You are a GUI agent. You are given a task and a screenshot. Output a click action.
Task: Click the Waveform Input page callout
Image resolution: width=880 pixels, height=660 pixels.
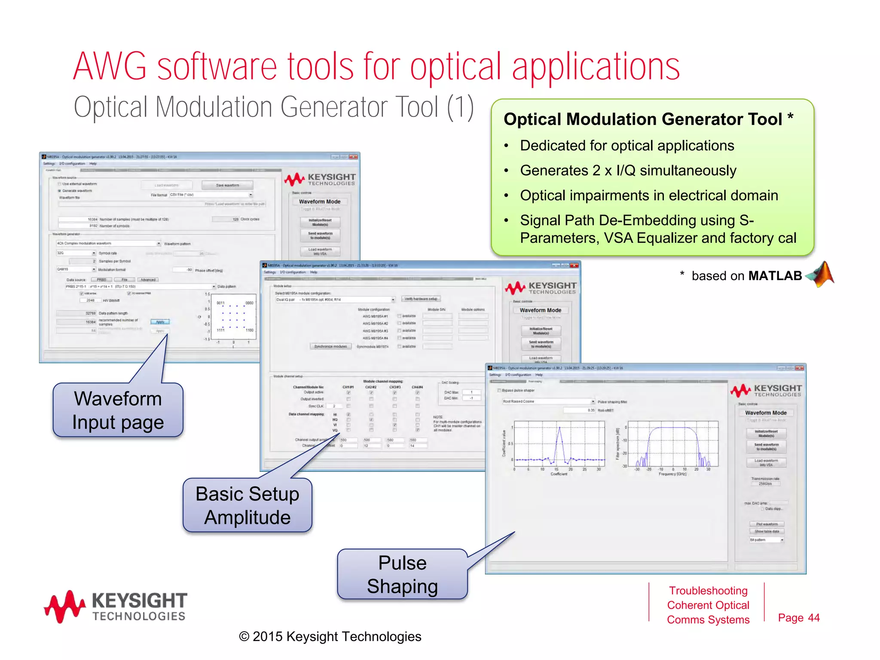tap(118, 410)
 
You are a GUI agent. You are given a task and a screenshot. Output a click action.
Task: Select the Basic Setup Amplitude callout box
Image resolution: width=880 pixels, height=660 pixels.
tap(247, 505)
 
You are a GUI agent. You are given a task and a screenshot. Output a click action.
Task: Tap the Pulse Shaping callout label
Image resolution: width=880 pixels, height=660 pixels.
tap(402, 574)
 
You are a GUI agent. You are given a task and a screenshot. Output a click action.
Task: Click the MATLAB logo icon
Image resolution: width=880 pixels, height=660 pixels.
tap(821, 275)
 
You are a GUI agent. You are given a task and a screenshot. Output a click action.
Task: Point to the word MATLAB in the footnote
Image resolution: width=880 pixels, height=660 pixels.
tap(775, 276)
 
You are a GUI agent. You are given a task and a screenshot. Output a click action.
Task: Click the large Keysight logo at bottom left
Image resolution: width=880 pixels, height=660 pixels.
tap(115, 606)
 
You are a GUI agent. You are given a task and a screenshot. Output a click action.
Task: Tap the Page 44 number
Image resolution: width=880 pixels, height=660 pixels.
tap(798, 618)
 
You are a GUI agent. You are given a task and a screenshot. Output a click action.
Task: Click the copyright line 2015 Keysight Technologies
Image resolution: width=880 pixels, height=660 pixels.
tap(330, 636)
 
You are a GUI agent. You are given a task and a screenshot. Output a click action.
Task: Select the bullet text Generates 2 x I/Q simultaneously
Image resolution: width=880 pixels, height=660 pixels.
tap(628, 171)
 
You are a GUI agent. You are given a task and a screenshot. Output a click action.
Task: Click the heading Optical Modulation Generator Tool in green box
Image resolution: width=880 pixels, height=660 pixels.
tap(642, 119)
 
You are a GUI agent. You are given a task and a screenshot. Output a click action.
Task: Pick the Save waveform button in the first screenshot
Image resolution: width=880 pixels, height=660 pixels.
tap(227, 185)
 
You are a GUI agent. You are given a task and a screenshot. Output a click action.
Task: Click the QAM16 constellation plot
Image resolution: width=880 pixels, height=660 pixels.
tap(234, 317)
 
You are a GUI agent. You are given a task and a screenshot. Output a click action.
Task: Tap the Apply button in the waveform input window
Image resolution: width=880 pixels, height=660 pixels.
tap(160, 322)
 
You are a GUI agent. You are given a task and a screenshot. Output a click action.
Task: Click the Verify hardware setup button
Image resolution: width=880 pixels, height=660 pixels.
tap(421, 299)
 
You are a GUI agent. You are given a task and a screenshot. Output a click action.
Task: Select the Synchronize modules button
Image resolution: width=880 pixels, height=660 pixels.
tap(330, 346)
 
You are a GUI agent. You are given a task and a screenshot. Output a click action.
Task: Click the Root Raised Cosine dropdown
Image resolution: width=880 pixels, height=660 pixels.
tap(548, 401)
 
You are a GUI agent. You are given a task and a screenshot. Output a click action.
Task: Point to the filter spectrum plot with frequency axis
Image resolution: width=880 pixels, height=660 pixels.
tap(672, 444)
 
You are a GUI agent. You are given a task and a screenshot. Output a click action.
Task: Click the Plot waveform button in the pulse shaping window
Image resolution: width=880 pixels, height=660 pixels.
tap(767, 524)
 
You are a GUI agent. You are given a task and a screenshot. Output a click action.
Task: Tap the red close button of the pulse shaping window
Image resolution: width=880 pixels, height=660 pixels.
tap(799, 368)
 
